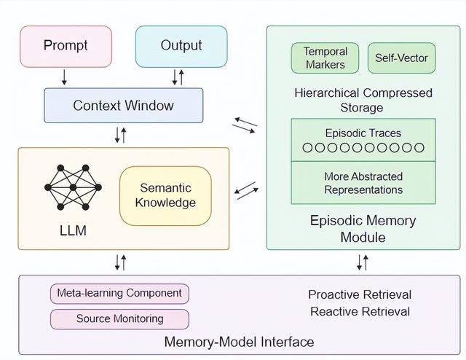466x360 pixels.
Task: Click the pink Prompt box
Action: [66, 46]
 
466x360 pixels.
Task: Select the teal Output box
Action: [181, 46]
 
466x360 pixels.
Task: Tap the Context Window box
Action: [124, 106]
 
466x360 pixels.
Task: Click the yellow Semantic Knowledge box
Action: [165, 195]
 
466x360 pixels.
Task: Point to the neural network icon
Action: [73, 187]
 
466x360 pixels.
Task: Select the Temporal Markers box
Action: [325, 58]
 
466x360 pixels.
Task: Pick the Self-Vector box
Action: [401, 58]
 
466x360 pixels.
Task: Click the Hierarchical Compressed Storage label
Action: [363, 100]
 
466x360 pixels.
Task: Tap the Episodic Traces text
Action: [363, 133]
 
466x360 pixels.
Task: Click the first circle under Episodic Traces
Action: [307, 148]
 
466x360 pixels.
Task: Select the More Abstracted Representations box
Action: [363, 183]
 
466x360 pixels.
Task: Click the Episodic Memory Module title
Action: [363, 228]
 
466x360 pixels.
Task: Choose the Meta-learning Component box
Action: [119, 294]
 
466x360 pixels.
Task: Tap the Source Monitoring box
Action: [119, 318]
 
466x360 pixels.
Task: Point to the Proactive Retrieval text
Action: [360, 294]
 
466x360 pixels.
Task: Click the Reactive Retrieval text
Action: [360, 312]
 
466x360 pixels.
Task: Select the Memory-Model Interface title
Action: [239, 342]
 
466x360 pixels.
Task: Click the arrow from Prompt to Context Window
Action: [65, 77]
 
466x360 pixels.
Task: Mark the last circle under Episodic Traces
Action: [419, 148]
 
